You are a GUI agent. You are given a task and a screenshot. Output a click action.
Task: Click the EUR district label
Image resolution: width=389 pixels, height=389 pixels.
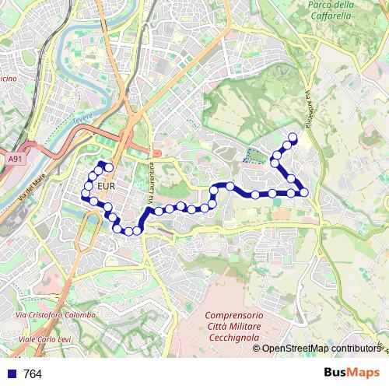coord(108,187)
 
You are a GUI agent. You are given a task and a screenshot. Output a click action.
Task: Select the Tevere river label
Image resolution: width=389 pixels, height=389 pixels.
coord(82,121)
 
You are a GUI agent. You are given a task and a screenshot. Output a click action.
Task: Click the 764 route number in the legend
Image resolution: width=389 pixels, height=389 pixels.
coord(33,374)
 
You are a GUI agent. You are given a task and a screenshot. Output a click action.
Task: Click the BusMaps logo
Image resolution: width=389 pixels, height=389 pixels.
coord(351,373)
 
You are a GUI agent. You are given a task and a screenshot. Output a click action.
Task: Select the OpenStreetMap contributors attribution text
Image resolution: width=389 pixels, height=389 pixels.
coord(321,349)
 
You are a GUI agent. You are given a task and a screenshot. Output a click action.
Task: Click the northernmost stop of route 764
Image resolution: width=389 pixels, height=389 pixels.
coord(293,138)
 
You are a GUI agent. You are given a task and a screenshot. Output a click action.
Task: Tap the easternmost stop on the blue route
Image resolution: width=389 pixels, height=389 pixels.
coord(304,192)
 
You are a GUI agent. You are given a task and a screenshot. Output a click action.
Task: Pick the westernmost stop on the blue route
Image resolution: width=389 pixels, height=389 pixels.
coord(86,194)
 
